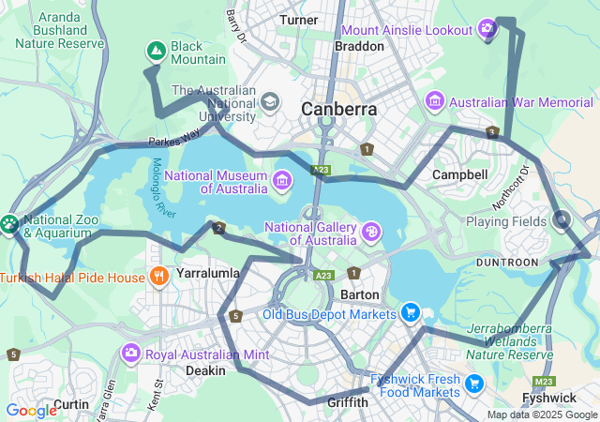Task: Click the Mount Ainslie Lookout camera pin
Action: point(487,29)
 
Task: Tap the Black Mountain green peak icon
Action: point(156,51)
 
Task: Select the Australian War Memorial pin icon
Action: point(434,100)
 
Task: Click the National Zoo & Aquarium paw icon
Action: point(9,223)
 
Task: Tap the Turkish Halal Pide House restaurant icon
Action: point(159,277)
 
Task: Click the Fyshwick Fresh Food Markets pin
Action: point(474,383)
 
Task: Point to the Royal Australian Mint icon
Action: point(130,354)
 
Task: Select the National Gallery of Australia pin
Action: point(371,231)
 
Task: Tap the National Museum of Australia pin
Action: point(282,179)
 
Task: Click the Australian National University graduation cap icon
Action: point(270,101)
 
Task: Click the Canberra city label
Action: point(338,110)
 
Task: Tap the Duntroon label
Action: point(508,262)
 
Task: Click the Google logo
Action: point(31,410)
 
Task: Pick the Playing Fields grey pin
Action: point(562,220)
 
